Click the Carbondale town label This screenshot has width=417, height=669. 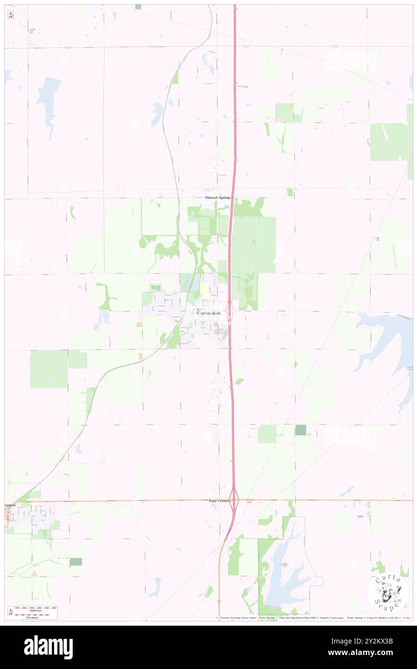point(208,313)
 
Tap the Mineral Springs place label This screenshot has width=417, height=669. point(218,198)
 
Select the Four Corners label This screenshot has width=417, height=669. point(220,501)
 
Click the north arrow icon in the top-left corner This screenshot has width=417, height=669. point(11,15)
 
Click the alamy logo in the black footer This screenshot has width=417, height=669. point(48,647)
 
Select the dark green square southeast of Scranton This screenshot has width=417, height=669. point(76,562)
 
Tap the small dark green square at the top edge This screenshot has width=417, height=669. point(138,7)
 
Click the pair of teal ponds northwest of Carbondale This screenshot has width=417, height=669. point(156,288)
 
